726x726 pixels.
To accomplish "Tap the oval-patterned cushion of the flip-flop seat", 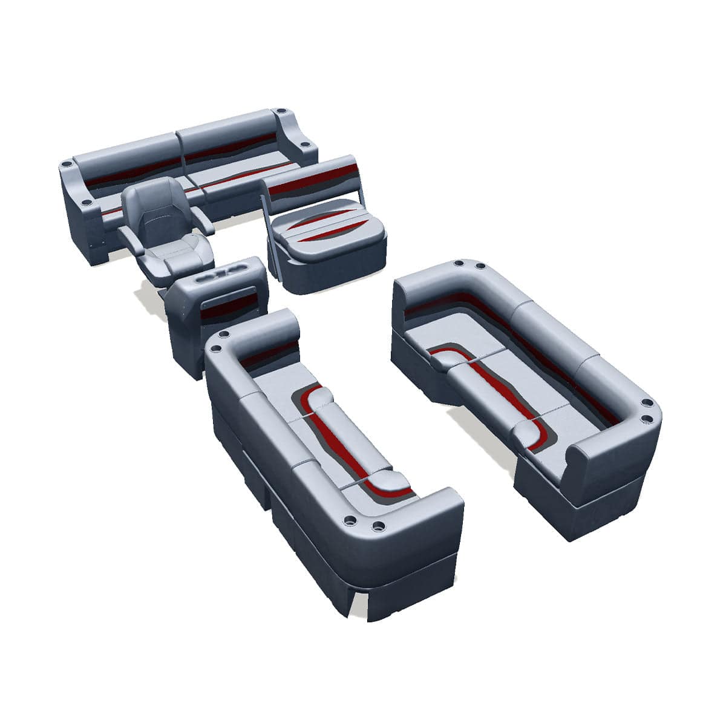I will click(x=327, y=230).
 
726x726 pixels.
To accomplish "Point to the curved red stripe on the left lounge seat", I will click(x=339, y=436).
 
